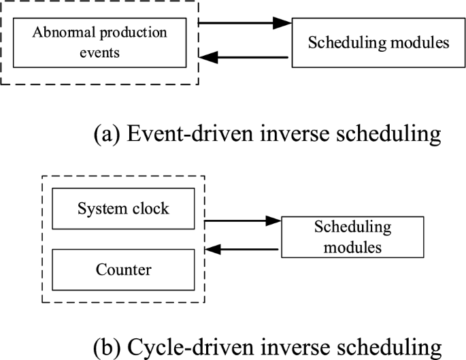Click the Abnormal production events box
tap(99, 42)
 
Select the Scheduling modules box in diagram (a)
tap(378, 42)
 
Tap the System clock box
tap(122, 208)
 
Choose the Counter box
tap(122, 270)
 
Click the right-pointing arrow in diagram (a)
tap(245, 23)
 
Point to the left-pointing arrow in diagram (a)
tap(245, 58)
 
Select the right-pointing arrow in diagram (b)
tap(242, 220)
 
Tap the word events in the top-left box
tap(99, 52)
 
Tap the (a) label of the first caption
tap(107, 133)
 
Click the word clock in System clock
tap(150, 208)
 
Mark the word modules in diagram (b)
tap(352, 246)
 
